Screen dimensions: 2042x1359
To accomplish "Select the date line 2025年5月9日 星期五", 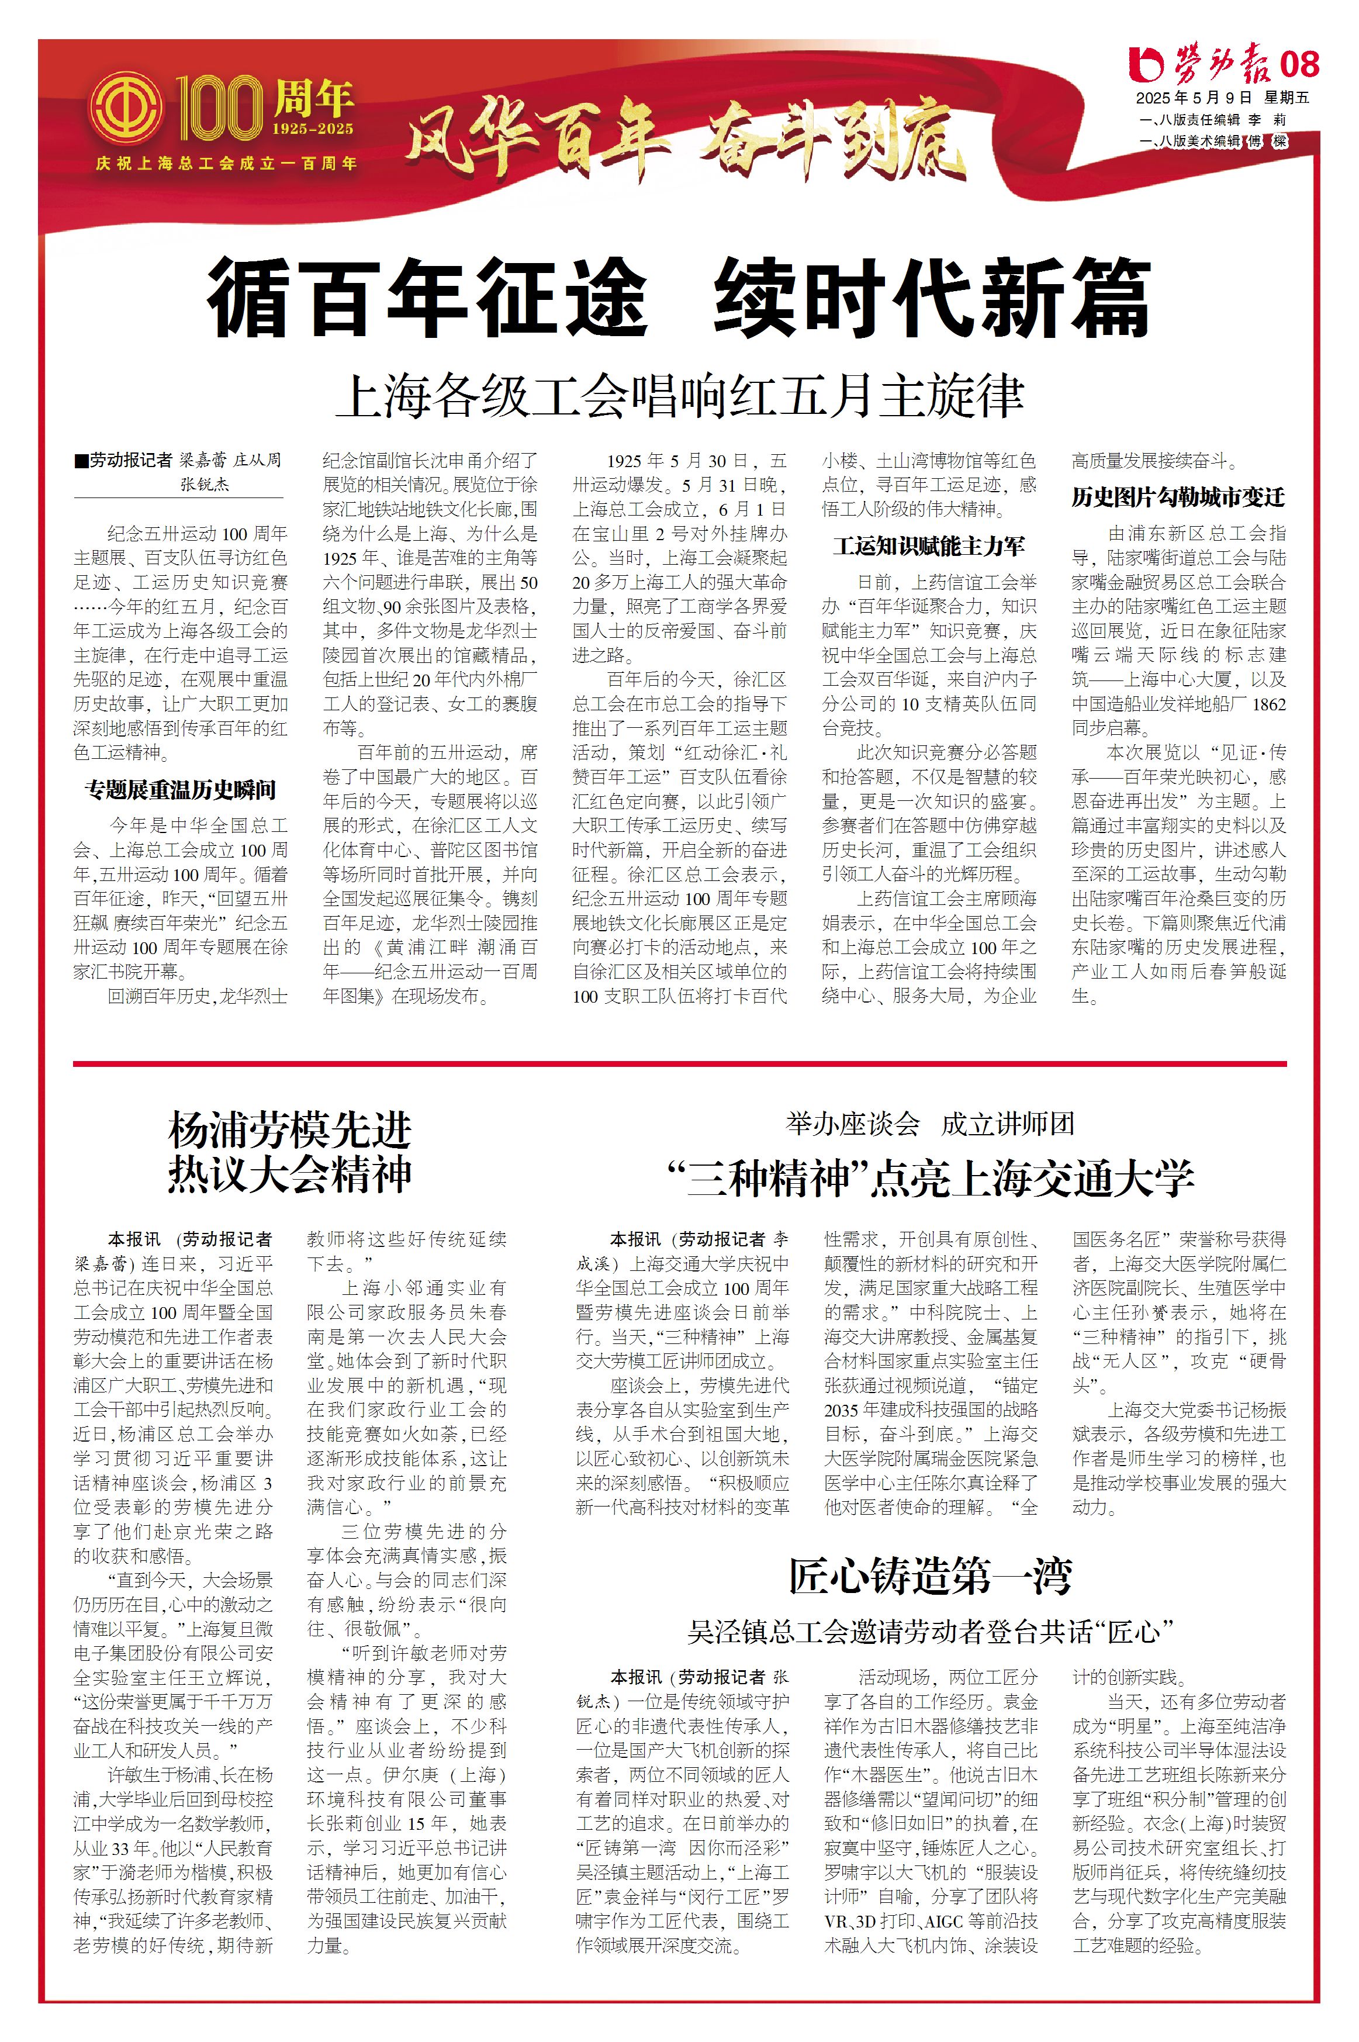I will [1222, 98].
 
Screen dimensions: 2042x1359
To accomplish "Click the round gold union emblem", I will [126, 109].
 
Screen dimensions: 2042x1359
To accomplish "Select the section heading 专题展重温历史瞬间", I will [180, 790].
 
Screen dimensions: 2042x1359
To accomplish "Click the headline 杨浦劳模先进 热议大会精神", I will [289, 1153].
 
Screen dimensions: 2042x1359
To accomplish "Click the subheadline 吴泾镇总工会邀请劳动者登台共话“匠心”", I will [929, 1632].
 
